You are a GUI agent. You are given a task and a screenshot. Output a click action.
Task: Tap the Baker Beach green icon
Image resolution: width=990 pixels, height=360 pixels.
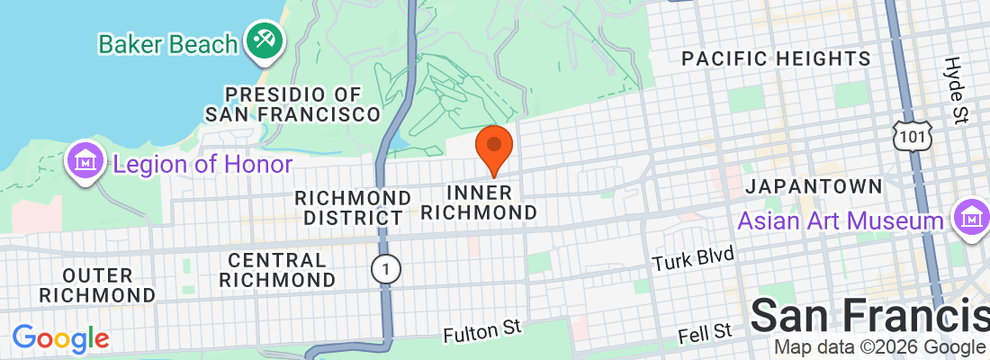(x=265, y=40)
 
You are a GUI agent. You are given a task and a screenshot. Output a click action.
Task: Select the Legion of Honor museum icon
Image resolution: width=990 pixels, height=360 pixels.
(x=86, y=163)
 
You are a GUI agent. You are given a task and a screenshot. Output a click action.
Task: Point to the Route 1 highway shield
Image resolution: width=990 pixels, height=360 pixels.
(x=386, y=268)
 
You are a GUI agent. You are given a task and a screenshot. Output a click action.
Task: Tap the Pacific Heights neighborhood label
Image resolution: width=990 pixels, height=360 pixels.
(x=776, y=59)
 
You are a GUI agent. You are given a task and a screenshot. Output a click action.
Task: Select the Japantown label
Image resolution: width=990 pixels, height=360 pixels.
(x=814, y=186)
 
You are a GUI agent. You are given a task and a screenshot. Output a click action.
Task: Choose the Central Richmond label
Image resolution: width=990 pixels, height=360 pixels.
(x=276, y=269)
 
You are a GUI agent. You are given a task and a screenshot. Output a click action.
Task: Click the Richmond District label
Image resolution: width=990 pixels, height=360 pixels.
(x=353, y=207)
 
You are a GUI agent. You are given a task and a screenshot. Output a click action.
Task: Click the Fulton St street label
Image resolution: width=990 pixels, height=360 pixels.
(x=482, y=331)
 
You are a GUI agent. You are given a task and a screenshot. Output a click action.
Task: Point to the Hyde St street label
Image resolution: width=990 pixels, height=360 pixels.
(x=956, y=89)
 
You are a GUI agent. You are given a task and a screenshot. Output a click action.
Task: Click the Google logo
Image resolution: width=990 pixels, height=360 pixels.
(x=60, y=338)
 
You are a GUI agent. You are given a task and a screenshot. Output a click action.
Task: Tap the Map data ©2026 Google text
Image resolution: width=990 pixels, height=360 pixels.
(x=879, y=347)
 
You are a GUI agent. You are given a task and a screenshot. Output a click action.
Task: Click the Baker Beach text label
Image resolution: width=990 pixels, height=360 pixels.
(x=168, y=42)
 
